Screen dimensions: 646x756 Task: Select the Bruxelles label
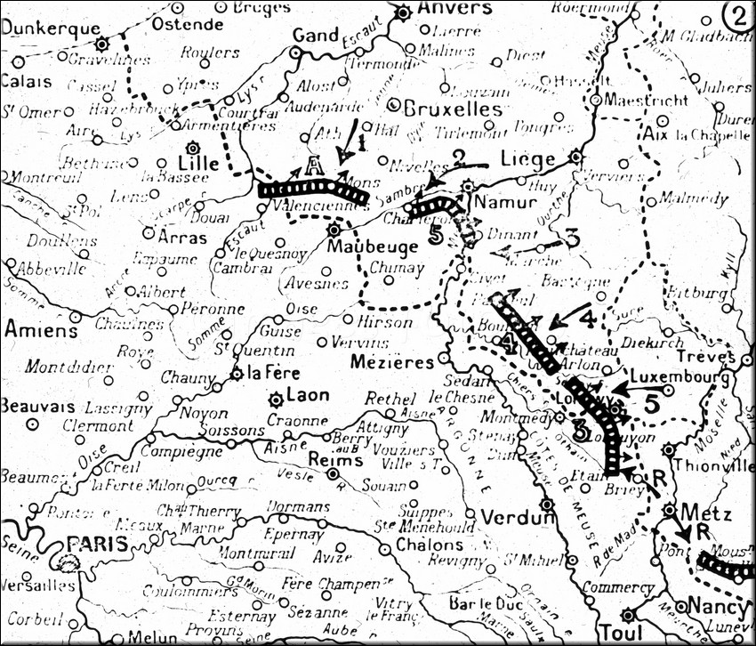click(453, 109)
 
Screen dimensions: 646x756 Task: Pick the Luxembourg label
click(680, 378)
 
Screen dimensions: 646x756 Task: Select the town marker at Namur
click(469, 187)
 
